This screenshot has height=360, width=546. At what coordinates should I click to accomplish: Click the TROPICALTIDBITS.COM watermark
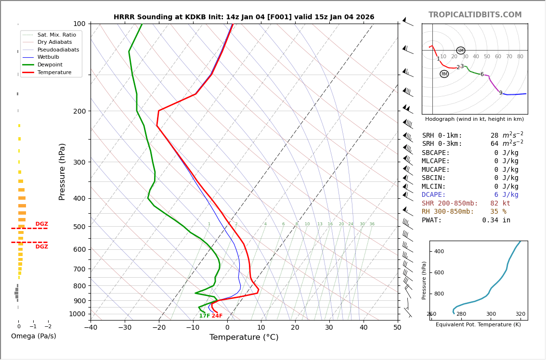tap(475, 15)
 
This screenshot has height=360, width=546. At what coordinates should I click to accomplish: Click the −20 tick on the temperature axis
tap(159, 328)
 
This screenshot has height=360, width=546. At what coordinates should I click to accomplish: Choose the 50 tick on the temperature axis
tap(397, 328)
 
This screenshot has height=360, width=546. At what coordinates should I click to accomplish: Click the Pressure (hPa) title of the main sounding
tap(63, 171)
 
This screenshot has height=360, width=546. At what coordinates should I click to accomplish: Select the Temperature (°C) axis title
tap(244, 337)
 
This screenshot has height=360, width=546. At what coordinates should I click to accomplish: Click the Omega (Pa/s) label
tap(33, 336)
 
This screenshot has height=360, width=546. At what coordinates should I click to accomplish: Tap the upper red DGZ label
tap(42, 224)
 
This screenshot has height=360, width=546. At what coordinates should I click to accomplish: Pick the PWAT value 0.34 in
tap(496, 220)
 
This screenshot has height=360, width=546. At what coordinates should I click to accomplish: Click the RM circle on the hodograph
tap(444, 74)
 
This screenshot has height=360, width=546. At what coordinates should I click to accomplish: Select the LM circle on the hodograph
tap(461, 51)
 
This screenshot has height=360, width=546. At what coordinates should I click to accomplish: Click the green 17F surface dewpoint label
tap(205, 316)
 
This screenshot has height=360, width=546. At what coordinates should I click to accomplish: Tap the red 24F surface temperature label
tap(217, 316)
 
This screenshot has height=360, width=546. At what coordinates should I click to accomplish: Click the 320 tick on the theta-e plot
tap(520, 314)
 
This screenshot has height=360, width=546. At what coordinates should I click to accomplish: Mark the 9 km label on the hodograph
tap(501, 93)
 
